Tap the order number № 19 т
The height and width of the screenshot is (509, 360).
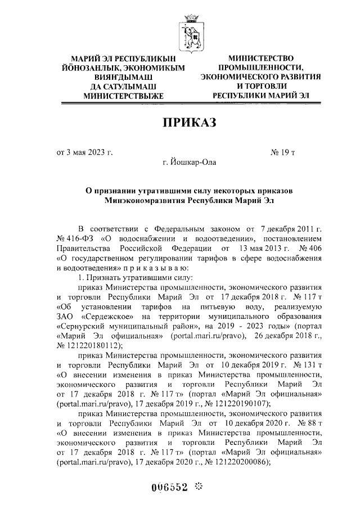[287, 152]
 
